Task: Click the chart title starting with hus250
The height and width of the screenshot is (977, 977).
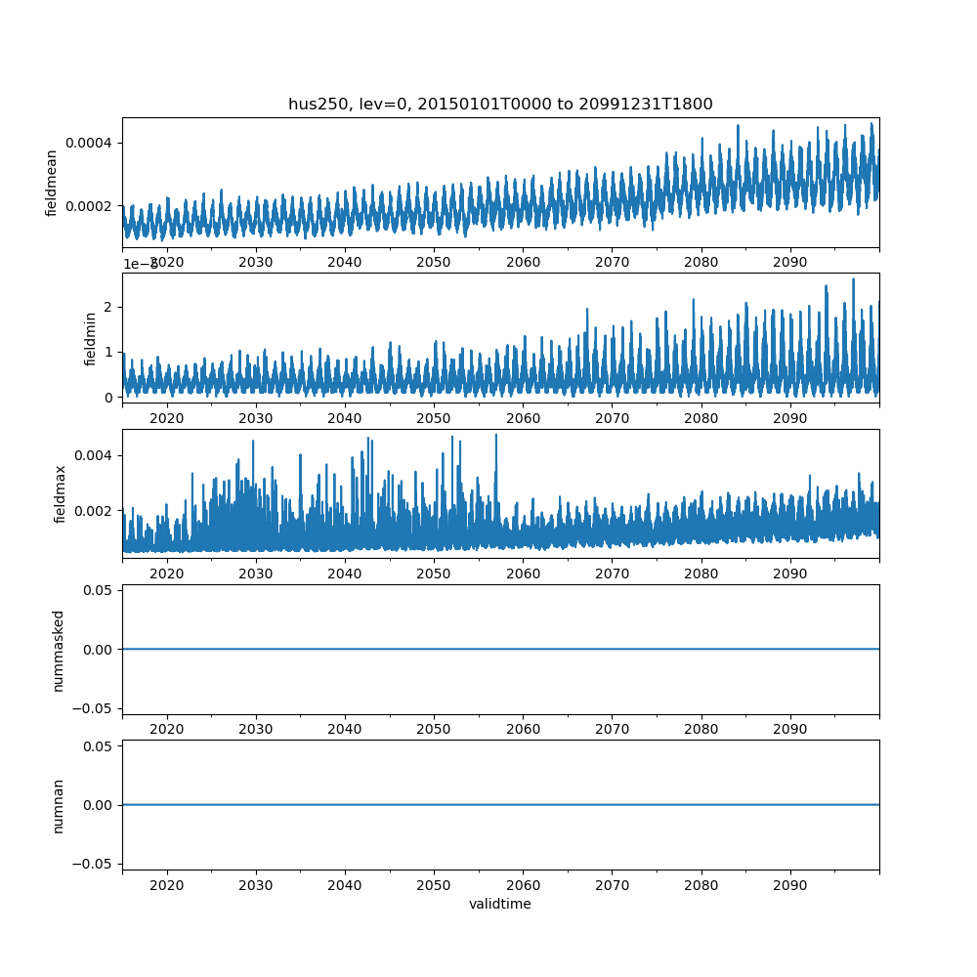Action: [500, 104]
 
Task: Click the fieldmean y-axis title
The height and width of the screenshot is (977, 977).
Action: [52, 183]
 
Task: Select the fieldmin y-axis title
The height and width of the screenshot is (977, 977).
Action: [91, 338]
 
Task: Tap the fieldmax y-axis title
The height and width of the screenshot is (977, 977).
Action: [61, 493]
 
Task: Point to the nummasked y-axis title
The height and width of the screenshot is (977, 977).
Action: [59, 650]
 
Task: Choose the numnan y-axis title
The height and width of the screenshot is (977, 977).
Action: [59, 805]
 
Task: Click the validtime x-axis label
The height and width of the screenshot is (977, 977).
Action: [500, 904]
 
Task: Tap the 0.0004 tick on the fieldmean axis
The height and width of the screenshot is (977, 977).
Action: [89, 143]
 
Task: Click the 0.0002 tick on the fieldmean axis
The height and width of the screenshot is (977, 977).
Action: [89, 206]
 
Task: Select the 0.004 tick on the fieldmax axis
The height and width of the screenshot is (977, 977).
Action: [93, 455]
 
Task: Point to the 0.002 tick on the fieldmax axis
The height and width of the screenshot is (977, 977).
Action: [93, 511]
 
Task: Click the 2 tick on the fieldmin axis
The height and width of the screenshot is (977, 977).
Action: [110, 307]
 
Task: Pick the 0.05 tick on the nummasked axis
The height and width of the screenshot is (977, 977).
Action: [96, 591]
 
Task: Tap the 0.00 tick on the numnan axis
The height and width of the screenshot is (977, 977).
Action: [96, 805]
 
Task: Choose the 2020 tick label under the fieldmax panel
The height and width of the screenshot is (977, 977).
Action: [167, 573]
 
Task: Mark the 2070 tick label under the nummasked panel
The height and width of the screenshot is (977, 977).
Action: [612, 730]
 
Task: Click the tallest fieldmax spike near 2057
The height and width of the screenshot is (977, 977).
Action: [495, 436]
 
